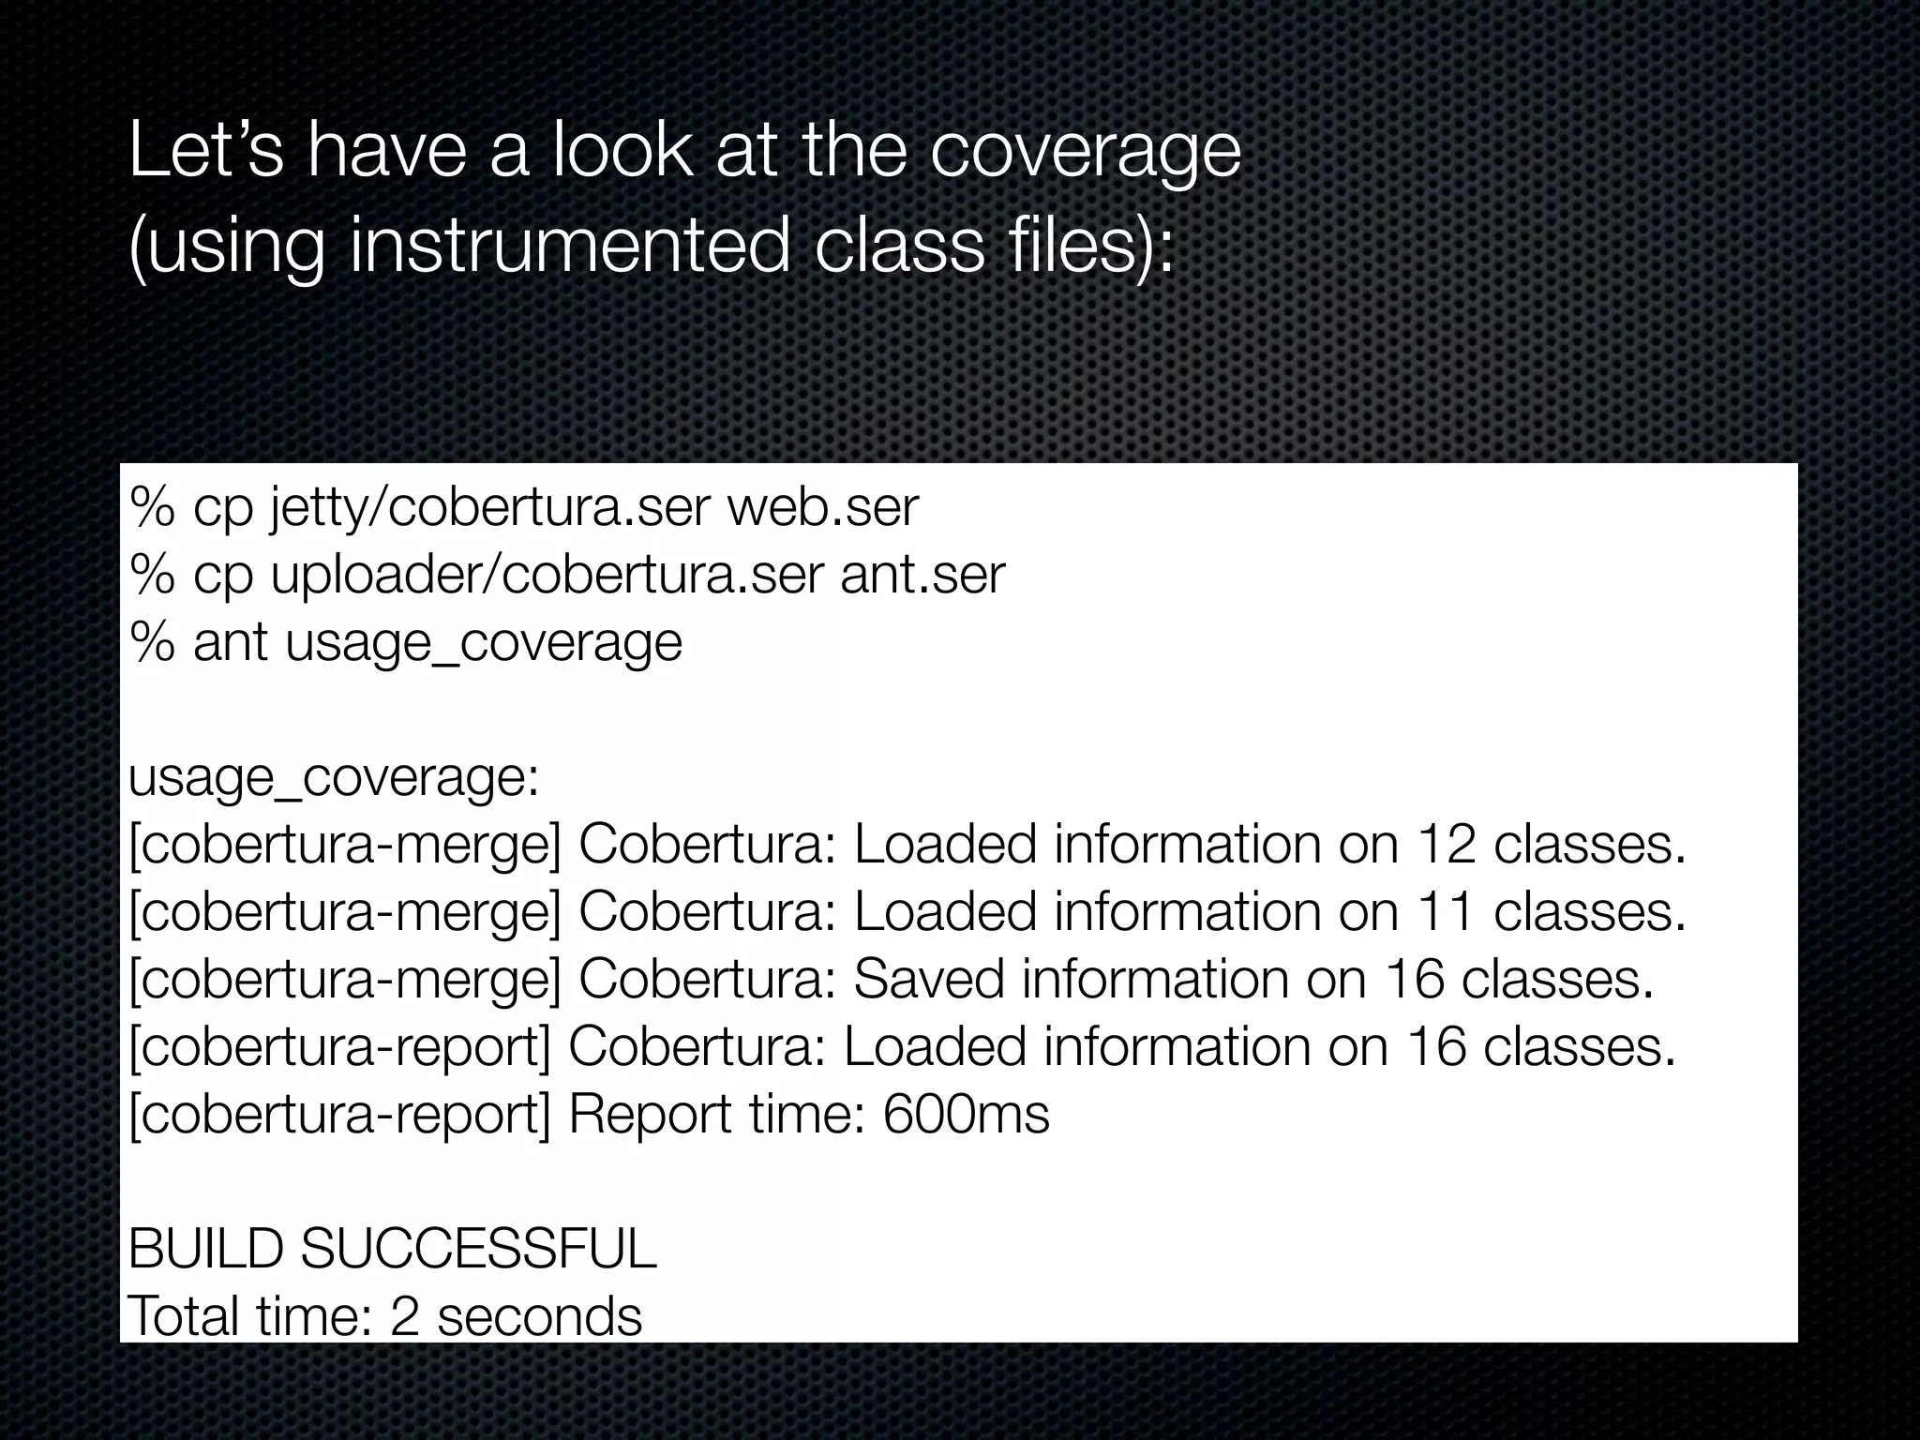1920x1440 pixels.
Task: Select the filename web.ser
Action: click(822, 507)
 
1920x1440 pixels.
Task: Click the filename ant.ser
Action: click(922, 575)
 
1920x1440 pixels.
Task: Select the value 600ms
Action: click(966, 1115)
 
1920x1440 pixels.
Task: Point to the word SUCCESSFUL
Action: click(478, 1249)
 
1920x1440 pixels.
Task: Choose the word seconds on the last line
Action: click(539, 1316)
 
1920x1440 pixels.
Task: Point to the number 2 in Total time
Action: click(404, 1316)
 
